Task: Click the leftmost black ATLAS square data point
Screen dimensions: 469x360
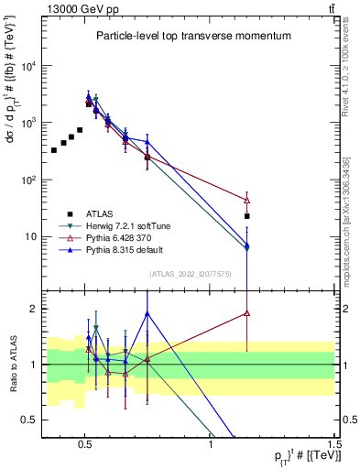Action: (x=54, y=149)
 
